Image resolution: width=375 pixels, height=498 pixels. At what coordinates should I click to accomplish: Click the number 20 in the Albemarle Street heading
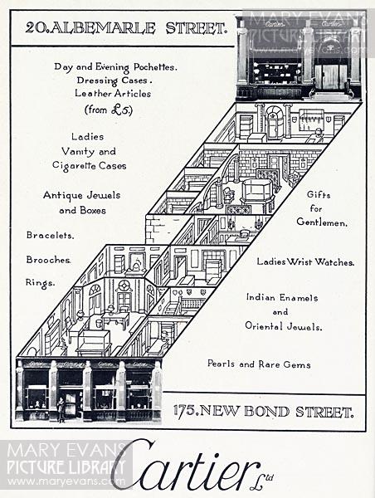point(34,28)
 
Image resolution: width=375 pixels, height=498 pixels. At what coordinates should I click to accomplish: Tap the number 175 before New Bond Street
point(184,411)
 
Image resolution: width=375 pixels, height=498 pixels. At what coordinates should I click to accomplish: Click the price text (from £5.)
point(109,110)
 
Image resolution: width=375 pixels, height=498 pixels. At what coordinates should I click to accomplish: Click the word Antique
point(60,195)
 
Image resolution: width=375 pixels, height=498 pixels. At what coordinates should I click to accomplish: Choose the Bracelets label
point(50,235)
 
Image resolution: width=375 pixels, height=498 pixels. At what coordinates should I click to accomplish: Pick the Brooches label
point(49,260)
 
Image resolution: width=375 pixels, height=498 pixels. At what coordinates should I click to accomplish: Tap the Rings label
point(40,282)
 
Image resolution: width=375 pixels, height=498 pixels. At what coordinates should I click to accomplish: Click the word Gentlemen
point(322,222)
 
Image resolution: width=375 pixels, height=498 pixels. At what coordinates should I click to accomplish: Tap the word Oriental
point(263,326)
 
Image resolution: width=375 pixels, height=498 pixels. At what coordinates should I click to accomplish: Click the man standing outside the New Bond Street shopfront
point(61,409)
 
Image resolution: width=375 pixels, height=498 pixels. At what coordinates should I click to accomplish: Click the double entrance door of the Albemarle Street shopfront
point(330,77)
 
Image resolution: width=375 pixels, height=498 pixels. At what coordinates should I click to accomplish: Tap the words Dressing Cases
point(112,81)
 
